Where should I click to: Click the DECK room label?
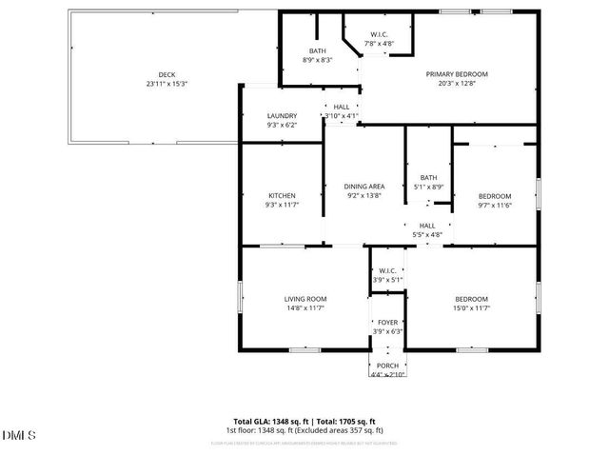(x=167, y=74)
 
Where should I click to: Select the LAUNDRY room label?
(x=282, y=115)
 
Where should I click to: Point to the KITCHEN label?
(x=282, y=195)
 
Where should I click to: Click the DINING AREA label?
(x=363, y=186)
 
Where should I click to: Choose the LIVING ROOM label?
(x=305, y=299)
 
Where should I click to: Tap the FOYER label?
(x=388, y=322)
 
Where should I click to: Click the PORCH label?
(x=387, y=366)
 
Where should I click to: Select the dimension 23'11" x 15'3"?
(x=167, y=84)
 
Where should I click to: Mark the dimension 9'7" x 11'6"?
(x=494, y=205)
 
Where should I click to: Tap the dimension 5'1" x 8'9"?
(x=428, y=187)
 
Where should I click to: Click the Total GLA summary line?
(x=304, y=421)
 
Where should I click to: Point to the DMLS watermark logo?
(x=19, y=437)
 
